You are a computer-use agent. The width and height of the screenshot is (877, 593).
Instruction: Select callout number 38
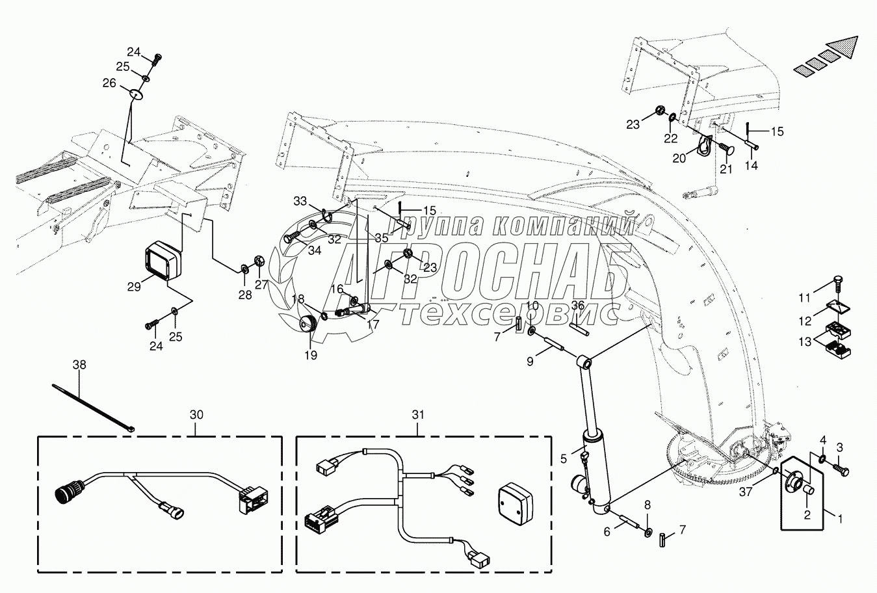click(x=79, y=365)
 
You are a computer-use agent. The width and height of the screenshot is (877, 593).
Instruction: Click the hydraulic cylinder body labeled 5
click(x=596, y=468)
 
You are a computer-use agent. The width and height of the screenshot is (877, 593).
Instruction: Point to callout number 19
click(x=311, y=355)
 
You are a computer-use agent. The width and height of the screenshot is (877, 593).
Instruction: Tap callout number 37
click(x=746, y=492)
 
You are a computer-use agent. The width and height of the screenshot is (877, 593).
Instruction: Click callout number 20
click(x=679, y=158)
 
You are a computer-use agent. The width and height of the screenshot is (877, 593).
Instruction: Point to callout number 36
click(x=578, y=306)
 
